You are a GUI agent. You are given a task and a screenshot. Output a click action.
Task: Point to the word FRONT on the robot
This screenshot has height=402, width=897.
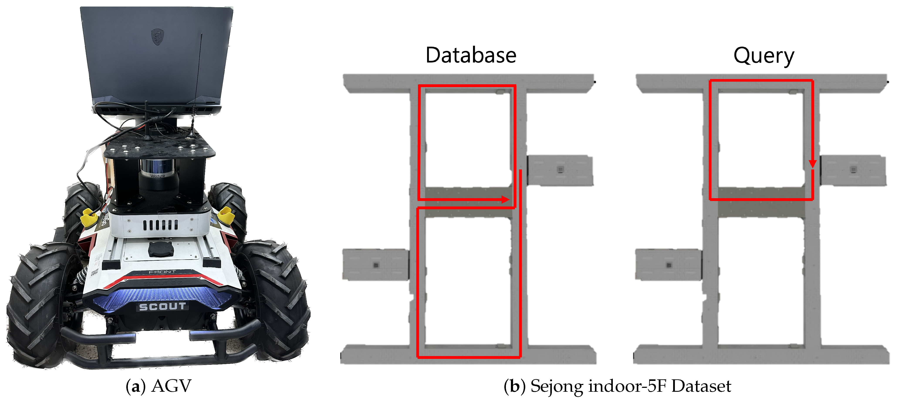coord(162,272)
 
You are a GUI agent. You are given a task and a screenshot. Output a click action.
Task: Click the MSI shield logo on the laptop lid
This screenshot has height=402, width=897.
coord(157,37)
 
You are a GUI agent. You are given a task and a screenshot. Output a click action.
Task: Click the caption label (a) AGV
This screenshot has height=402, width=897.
coord(159,386)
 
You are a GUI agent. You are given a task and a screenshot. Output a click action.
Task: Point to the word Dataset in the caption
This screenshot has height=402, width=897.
coord(701,386)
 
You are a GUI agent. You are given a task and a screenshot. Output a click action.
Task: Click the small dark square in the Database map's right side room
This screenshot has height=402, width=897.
coord(560,170)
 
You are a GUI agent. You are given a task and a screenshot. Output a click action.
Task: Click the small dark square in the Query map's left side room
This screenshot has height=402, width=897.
coord(669,265)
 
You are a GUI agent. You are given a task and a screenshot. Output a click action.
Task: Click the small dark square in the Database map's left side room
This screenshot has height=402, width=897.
coord(376,265)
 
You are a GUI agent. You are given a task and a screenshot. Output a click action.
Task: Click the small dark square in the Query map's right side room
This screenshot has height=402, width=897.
coord(853,170)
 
